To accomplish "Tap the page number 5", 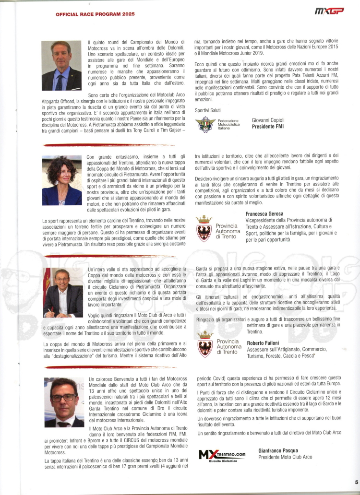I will click(356, 483).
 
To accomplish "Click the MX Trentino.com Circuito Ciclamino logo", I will click(222, 454).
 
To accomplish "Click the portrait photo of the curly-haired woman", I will click(61, 180).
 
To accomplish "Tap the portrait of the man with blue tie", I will click(61, 66).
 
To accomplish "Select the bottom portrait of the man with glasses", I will click(64, 402).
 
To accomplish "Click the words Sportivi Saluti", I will click(207, 110).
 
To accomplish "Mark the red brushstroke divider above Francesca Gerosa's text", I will click(110, 144).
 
